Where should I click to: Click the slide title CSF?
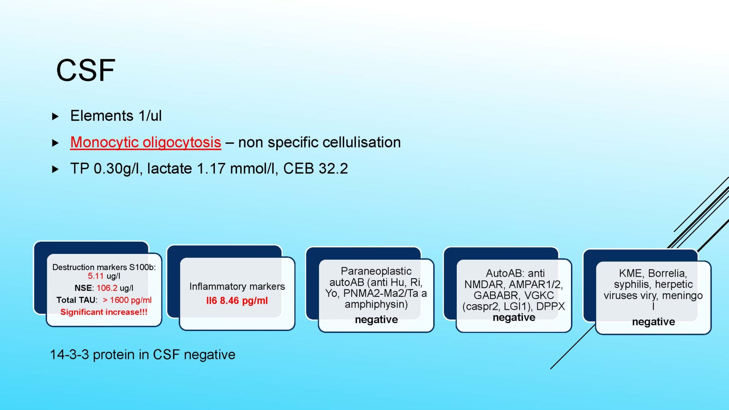coord(85,70)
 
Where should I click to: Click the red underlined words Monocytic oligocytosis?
coord(145,142)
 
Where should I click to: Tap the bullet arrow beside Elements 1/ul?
coord(55,117)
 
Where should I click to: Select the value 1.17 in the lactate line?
coord(211,169)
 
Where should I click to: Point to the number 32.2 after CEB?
coord(333,169)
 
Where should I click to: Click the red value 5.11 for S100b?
coord(96,276)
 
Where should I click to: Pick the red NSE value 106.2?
coord(107,288)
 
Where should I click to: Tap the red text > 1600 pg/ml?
coord(127,300)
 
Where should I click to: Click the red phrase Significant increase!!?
coord(104,312)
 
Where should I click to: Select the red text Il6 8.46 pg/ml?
coord(237,301)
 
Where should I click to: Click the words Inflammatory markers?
coord(237,286)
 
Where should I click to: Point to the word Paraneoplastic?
coord(376,271)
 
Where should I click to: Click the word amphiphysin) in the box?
coord(376,304)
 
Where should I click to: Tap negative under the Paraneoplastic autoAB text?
coord(376,320)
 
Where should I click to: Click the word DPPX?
coord(551,306)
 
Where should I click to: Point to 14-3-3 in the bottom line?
coord(69,355)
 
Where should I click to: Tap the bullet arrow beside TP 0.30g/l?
coord(55,169)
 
